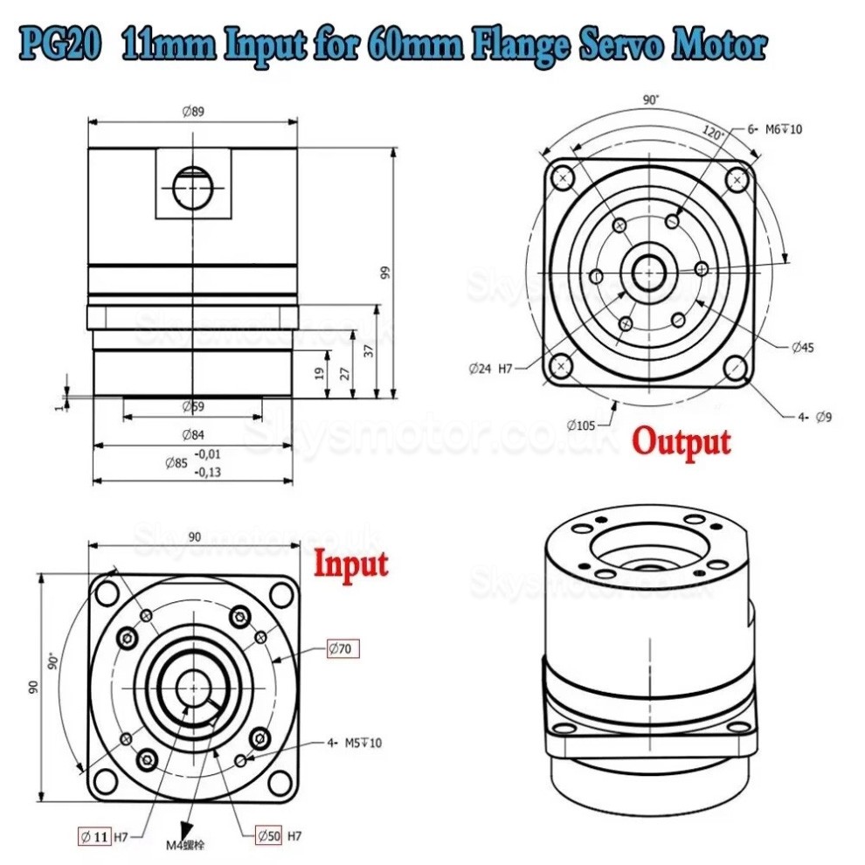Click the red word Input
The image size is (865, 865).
coord(350,563)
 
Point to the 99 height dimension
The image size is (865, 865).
coord(385,272)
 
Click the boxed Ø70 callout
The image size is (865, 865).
coord(343,648)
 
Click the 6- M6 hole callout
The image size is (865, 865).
coord(774,129)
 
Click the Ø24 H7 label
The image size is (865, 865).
coord(490,369)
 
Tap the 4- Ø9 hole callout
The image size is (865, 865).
coord(813,417)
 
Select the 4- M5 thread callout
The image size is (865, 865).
coord(354,743)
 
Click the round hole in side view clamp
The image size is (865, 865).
coord(192,186)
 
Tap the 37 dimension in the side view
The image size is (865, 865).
coord(368,350)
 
